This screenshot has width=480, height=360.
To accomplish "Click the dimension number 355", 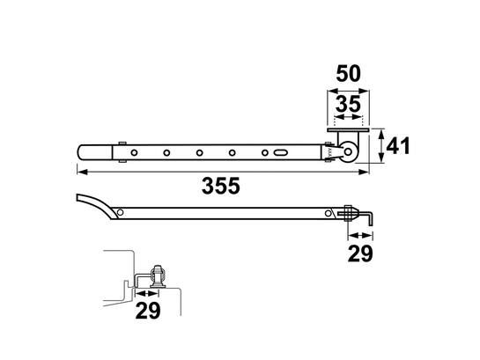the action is [221, 186].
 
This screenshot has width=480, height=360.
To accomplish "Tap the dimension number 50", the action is [349, 74].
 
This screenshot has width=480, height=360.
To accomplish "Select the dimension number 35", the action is [349, 104].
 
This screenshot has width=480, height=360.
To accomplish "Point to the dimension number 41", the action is [398, 146].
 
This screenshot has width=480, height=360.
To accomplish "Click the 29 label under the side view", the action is [360, 253].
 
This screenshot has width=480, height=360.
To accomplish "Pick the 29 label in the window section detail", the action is [148, 311].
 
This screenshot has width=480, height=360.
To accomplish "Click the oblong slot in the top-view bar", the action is [280, 152].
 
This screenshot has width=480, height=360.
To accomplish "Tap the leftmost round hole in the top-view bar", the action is [134, 152].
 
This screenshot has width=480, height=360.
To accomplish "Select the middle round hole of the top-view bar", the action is [200, 152].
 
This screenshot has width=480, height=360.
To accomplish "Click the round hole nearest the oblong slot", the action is [265, 152].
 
